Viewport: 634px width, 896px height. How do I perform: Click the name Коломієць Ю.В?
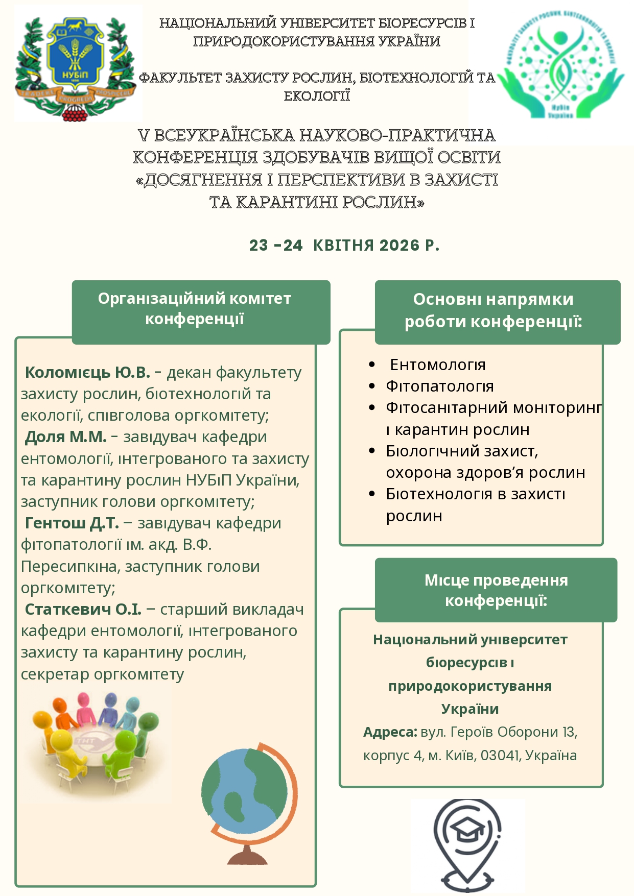click(x=87, y=372)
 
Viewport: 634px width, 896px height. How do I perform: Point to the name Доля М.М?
click(x=66, y=437)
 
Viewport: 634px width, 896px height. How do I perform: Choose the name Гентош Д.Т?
click(x=72, y=523)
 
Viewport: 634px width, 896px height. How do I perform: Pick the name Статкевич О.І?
click(x=83, y=609)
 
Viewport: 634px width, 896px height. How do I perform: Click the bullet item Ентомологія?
click(x=438, y=365)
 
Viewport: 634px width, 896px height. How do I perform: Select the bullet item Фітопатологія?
click(x=439, y=386)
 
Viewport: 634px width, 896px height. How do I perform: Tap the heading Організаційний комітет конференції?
click(x=195, y=309)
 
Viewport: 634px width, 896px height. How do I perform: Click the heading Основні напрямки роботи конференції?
click(x=494, y=310)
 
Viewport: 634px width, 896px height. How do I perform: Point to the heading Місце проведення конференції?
click(x=496, y=590)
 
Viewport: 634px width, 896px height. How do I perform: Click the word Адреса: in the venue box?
click(x=390, y=732)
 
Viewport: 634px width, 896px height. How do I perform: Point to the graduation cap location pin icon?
click(x=467, y=842)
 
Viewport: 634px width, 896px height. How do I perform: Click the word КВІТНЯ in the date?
click(x=344, y=246)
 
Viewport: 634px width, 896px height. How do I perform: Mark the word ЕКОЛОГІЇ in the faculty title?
click(x=317, y=96)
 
